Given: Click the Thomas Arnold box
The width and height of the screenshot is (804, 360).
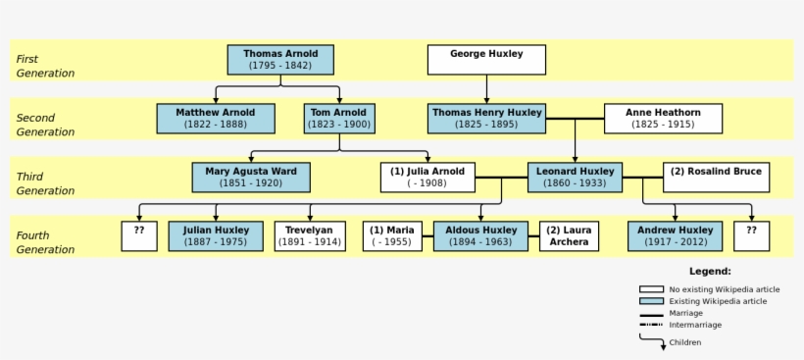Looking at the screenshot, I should pyautogui.click(x=279, y=60).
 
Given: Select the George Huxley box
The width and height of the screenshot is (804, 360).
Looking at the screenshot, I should pyautogui.click(x=486, y=60).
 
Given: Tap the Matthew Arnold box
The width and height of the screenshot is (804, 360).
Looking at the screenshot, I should pyautogui.click(x=216, y=119).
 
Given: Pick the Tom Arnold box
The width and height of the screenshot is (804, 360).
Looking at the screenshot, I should pyautogui.click(x=339, y=119).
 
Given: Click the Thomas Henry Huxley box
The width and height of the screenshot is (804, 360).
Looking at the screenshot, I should pyautogui.click(x=486, y=119).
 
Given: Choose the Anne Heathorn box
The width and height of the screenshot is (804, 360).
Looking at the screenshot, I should pyautogui.click(x=663, y=119).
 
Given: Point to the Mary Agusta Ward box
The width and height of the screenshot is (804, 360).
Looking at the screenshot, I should pyautogui.click(x=251, y=178).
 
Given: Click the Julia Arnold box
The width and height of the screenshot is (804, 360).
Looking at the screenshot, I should pyautogui.click(x=427, y=178).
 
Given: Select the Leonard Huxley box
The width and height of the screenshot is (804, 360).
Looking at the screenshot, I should pyautogui.click(x=576, y=178).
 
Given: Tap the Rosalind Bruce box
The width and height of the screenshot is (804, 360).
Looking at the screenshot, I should pyautogui.click(x=716, y=178).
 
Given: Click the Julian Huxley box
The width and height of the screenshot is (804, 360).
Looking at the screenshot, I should pyautogui.click(x=216, y=236).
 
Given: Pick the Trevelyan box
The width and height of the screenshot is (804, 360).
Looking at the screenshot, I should pyautogui.click(x=310, y=236).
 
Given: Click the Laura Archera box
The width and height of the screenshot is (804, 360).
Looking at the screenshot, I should pyautogui.click(x=569, y=236).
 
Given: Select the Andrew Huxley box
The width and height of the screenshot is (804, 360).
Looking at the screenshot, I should pyautogui.click(x=676, y=236).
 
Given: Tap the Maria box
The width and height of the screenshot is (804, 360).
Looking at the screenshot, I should pyautogui.click(x=392, y=236).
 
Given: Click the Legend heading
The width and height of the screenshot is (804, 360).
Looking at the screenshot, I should pyautogui.click(x=710, y=271).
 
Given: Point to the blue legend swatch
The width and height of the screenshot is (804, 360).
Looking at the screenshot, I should pyautogui.click(x=651, y=301).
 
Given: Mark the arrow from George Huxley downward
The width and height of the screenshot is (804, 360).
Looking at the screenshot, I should pyautogui.click(x=486, y=89).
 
